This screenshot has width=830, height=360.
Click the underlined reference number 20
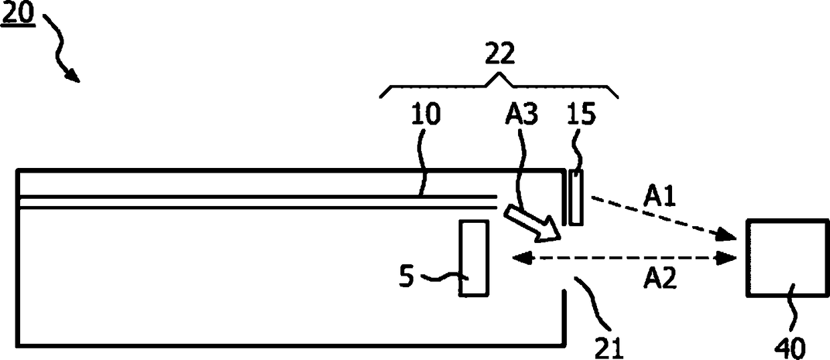[x=21, y=15]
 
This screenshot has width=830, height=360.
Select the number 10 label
[x=425, y=114]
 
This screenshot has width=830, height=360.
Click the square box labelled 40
[x=786, y=258]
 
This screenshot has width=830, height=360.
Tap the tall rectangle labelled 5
[x=474, y=258]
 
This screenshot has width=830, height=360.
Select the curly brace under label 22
[x=499, y=87]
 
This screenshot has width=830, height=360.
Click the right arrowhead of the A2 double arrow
[x=728, y=258]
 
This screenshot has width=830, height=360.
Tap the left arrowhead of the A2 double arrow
[x=516, y=258]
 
